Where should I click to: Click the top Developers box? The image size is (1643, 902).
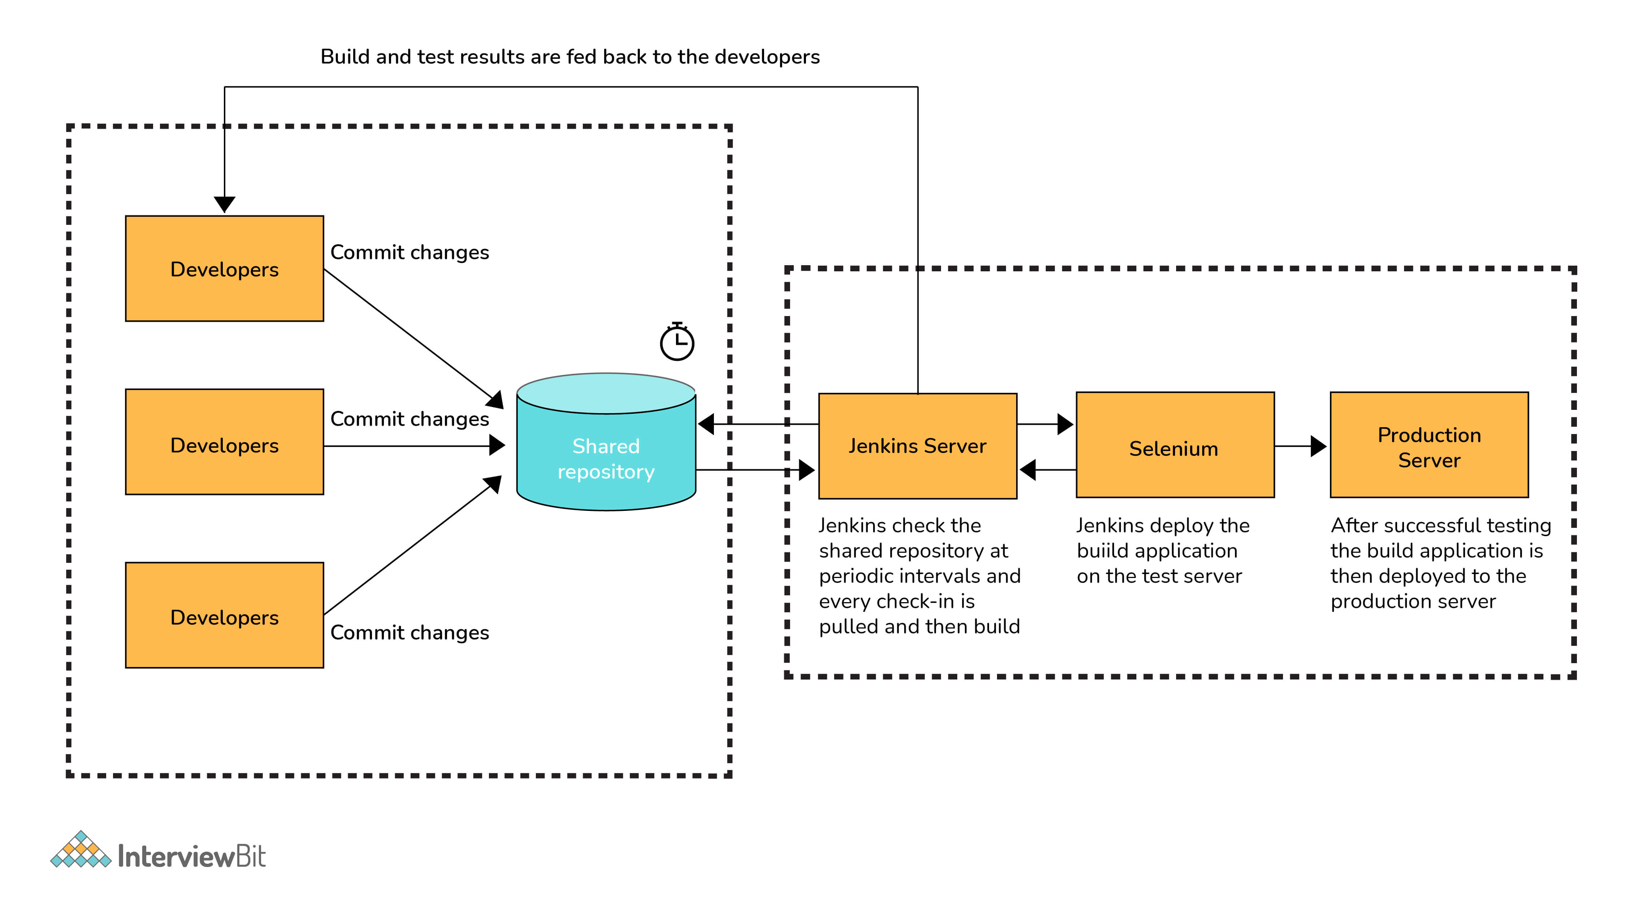click(x=225, y=268)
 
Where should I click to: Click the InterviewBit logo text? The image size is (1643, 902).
click(x=191, y=856)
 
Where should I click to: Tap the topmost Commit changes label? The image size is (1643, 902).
click(x=409, y=253)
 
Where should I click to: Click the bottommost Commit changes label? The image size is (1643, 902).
click(x=409, y=632)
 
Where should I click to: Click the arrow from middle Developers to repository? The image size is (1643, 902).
click(x=415, y=446)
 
